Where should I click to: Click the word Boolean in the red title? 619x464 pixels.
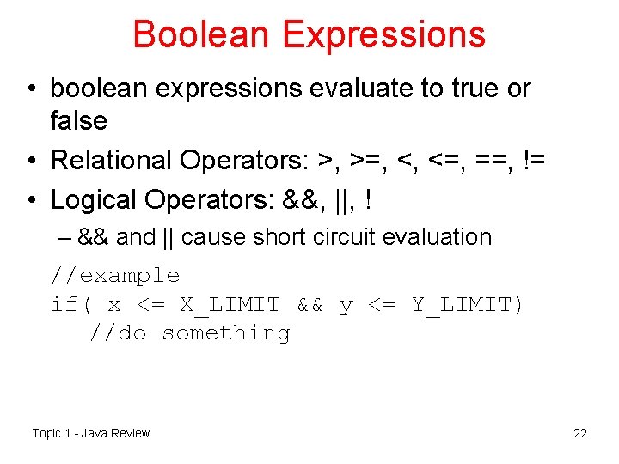click(x=201, y=34)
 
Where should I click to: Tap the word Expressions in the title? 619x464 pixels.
click(x=383, y=34)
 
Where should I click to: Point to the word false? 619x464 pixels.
click(x=78, y=121)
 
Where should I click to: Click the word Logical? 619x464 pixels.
click(x=95, y=199)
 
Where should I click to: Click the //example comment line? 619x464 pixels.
click(x=115, y=276)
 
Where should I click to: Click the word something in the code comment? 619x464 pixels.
click(x=226, y=333)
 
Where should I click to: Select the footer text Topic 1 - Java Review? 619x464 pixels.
click(x=90, y=433)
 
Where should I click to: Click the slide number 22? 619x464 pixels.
click(x=580, y=433)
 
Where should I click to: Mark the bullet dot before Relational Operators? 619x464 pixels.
click(x=30, y=161)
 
